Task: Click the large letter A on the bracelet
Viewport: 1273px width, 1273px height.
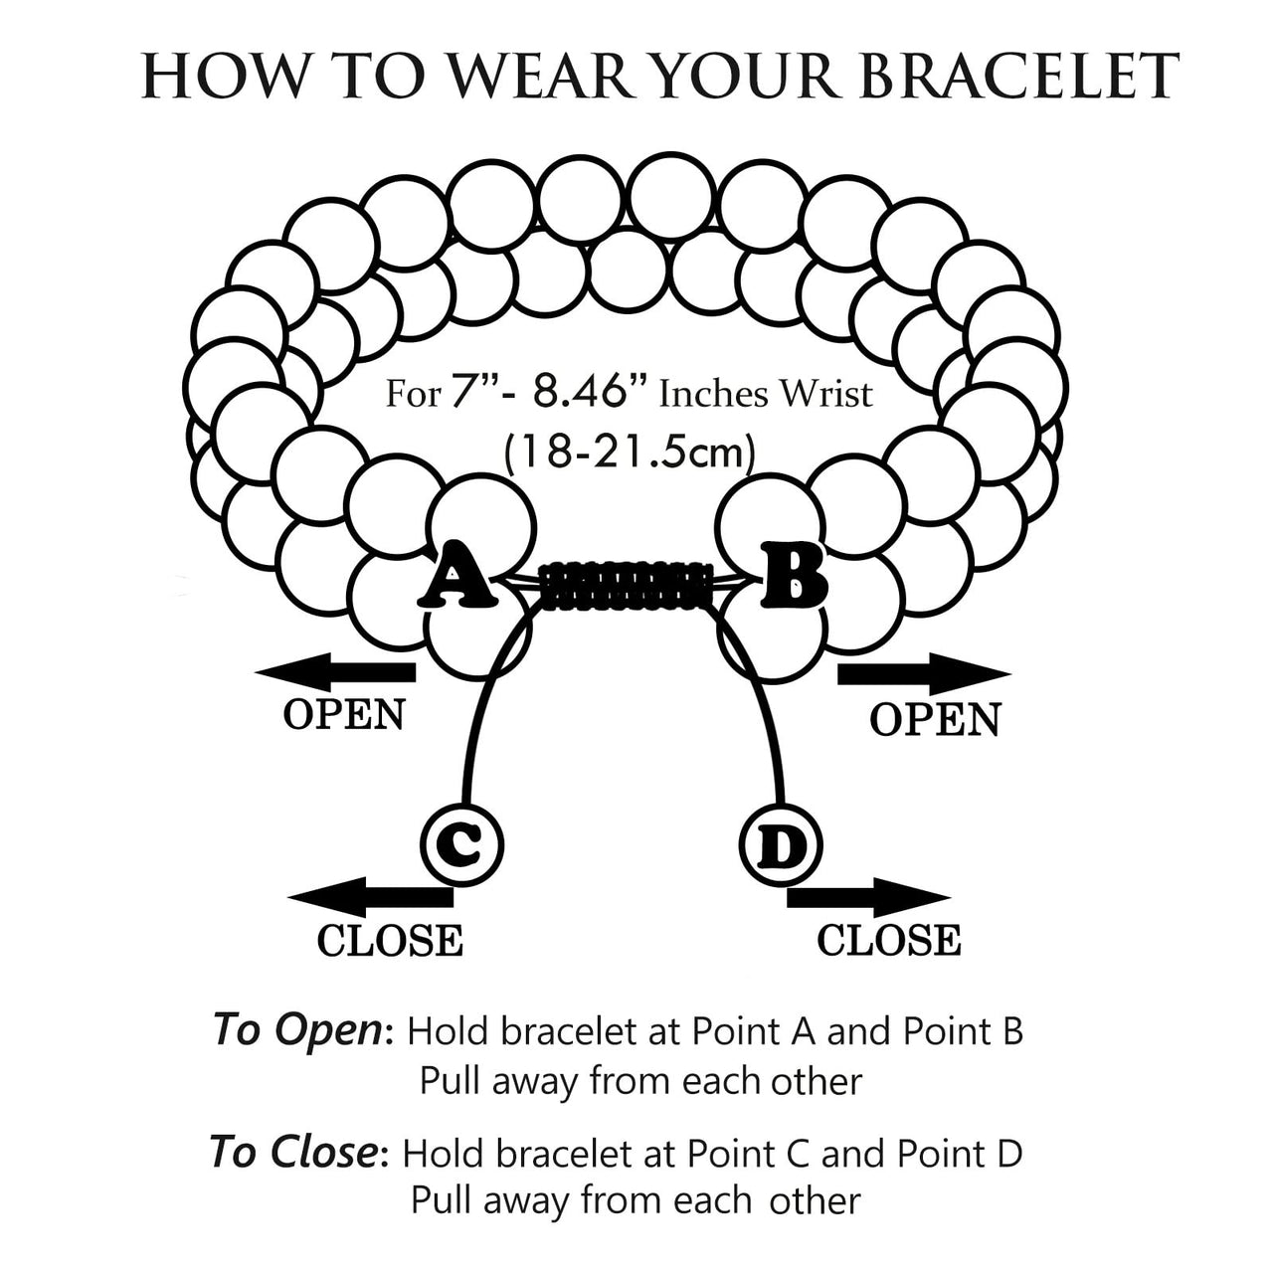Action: [456, 576]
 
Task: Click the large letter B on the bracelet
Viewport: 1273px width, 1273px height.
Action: [794, 575]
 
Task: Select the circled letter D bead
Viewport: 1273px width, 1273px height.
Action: [781, 846]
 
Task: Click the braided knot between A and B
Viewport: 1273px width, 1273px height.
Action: [629, 586]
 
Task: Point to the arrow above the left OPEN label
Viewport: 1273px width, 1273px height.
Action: [336, 673]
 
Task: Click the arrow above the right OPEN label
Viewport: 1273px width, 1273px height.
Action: [924, 674]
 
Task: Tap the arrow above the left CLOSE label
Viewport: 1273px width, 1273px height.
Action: [370, 897]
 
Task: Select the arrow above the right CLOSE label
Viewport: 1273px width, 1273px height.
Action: [867, 897]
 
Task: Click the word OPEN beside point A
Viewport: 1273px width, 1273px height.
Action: [344, 715]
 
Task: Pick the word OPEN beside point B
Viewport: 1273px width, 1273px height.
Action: [935, 720]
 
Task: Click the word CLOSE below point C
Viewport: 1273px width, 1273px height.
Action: [390, 941]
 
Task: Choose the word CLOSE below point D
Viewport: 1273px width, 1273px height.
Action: [889, 941]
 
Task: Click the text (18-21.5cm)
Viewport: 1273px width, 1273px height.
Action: [630, 453]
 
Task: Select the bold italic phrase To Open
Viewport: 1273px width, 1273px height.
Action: [296, 1030]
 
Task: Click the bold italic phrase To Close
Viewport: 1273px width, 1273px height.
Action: [293, 1153]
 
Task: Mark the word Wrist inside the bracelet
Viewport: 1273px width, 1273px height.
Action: [824, 395]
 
